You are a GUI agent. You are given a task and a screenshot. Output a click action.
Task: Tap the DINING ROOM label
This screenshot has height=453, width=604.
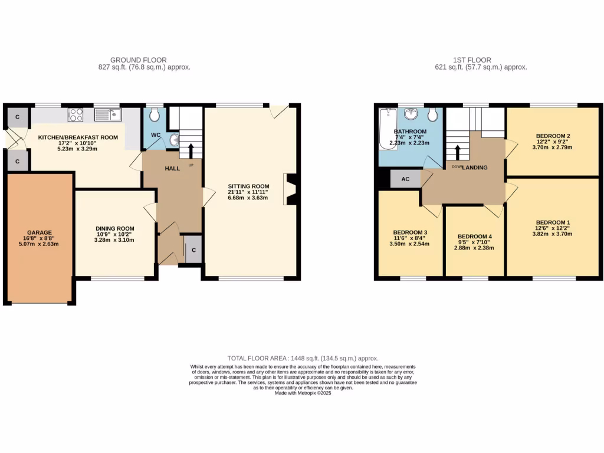pyautogui.click(x=115, y=229)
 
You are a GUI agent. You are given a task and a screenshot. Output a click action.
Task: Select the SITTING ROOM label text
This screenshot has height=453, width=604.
pyautogui.click(x=248, y=186)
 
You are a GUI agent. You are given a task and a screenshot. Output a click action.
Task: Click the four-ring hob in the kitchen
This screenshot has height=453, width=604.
pyautogui.click(x=75, y=114)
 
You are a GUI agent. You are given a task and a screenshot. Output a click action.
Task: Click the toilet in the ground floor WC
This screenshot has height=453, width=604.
pyautogui.click(x=154, y=113)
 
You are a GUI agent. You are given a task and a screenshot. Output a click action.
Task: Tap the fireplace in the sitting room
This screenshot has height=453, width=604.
pyautogui.click(x=291, y=189)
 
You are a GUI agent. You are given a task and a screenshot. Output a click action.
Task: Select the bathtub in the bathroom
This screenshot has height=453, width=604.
pyautogui.click(x=387, y=129)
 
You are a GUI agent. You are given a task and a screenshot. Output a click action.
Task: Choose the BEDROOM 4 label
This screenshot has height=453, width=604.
pyautogui.click(x=474, y=237)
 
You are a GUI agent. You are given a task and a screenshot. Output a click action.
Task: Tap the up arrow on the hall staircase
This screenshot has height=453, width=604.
pyautogui.click(x=190, y=150)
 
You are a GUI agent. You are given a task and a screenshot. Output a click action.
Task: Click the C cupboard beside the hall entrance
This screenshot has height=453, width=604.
pyautogui.click(x=194, y=250)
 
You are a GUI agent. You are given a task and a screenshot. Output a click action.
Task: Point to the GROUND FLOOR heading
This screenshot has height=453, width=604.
pyautogui.click(x=139, y=60)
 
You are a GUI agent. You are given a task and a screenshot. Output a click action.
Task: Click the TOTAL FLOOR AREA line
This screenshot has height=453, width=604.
pyautogui.click(x=303, y=359)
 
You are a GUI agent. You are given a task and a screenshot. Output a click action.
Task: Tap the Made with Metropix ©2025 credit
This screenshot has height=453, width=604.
pyautogui.click(x=303, y=393)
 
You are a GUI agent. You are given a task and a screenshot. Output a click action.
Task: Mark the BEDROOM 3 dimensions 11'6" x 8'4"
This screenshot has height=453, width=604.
pyautogui.click(x=409, y=237)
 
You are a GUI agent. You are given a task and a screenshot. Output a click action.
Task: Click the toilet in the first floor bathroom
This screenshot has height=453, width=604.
pyautogui.click(x=432, y=113)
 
